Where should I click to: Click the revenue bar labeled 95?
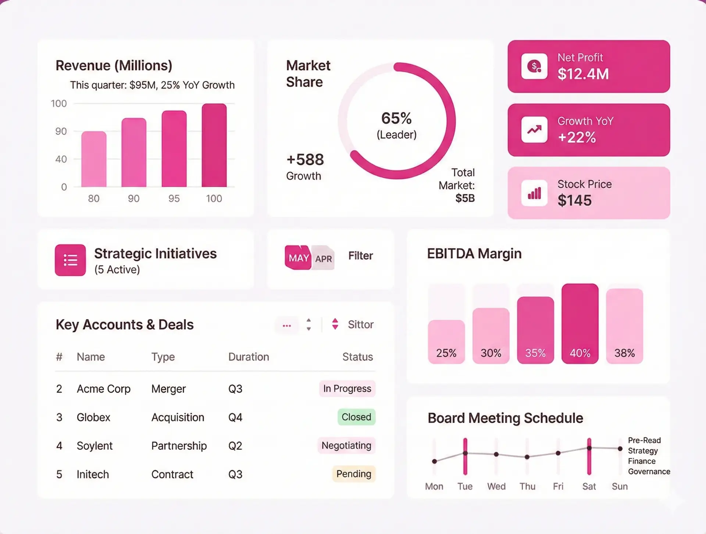click(x=174, y=149)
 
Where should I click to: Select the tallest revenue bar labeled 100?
click(x=214, y=145)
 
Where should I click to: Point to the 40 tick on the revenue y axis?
click(x=61, y=159)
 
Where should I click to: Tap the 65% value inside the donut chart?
click(x=396, y=118)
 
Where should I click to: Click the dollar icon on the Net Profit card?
click(x=534, y=67)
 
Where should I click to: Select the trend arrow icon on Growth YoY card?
click(x=534, y=130)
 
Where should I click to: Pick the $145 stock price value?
click(x=574, y=201)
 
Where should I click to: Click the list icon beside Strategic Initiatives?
click(x=70, y=260)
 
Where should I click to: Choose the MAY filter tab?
click(x=298, y=258)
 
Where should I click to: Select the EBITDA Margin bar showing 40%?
click(x=580, y=323)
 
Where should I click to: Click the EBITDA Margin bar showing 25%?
click(x=446, y=342)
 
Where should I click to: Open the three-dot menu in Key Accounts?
click(x=287, y=326)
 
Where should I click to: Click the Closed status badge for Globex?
click(x=356, y=417)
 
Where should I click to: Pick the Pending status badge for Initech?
click(x=354, y=474)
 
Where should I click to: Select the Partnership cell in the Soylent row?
click(x=179, y=446)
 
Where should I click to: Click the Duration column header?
click(x=249, y=357)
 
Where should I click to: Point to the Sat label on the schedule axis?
click(x=589, y=487)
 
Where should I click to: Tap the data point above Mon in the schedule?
click(x=434, y=461)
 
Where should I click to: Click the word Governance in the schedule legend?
click(x=649, y=472)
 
